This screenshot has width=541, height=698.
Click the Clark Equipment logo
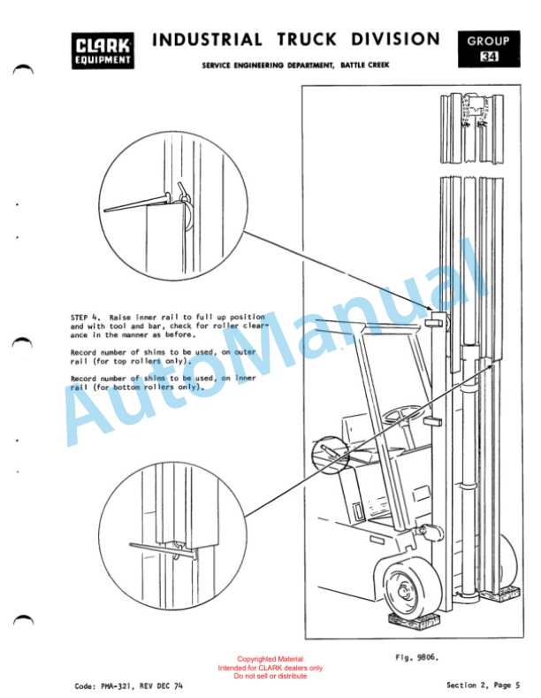[x=103, y=50]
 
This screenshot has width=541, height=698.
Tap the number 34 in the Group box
[x=489, y=57]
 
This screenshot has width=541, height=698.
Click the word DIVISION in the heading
[x=395, y=39]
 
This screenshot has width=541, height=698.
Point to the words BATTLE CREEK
[x=365, y=65]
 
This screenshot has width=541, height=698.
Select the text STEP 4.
[x=84, y=318]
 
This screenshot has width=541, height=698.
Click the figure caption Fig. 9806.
[x=417, y=657]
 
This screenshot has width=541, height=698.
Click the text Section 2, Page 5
[x=484, y=685]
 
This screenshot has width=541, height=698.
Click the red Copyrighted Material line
[x=270, y=659]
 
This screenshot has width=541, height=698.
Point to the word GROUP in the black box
[x=488, y=42]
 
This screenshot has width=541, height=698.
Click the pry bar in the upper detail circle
[x=137, y=203]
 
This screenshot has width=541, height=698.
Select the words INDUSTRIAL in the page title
[x=208, y=40]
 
